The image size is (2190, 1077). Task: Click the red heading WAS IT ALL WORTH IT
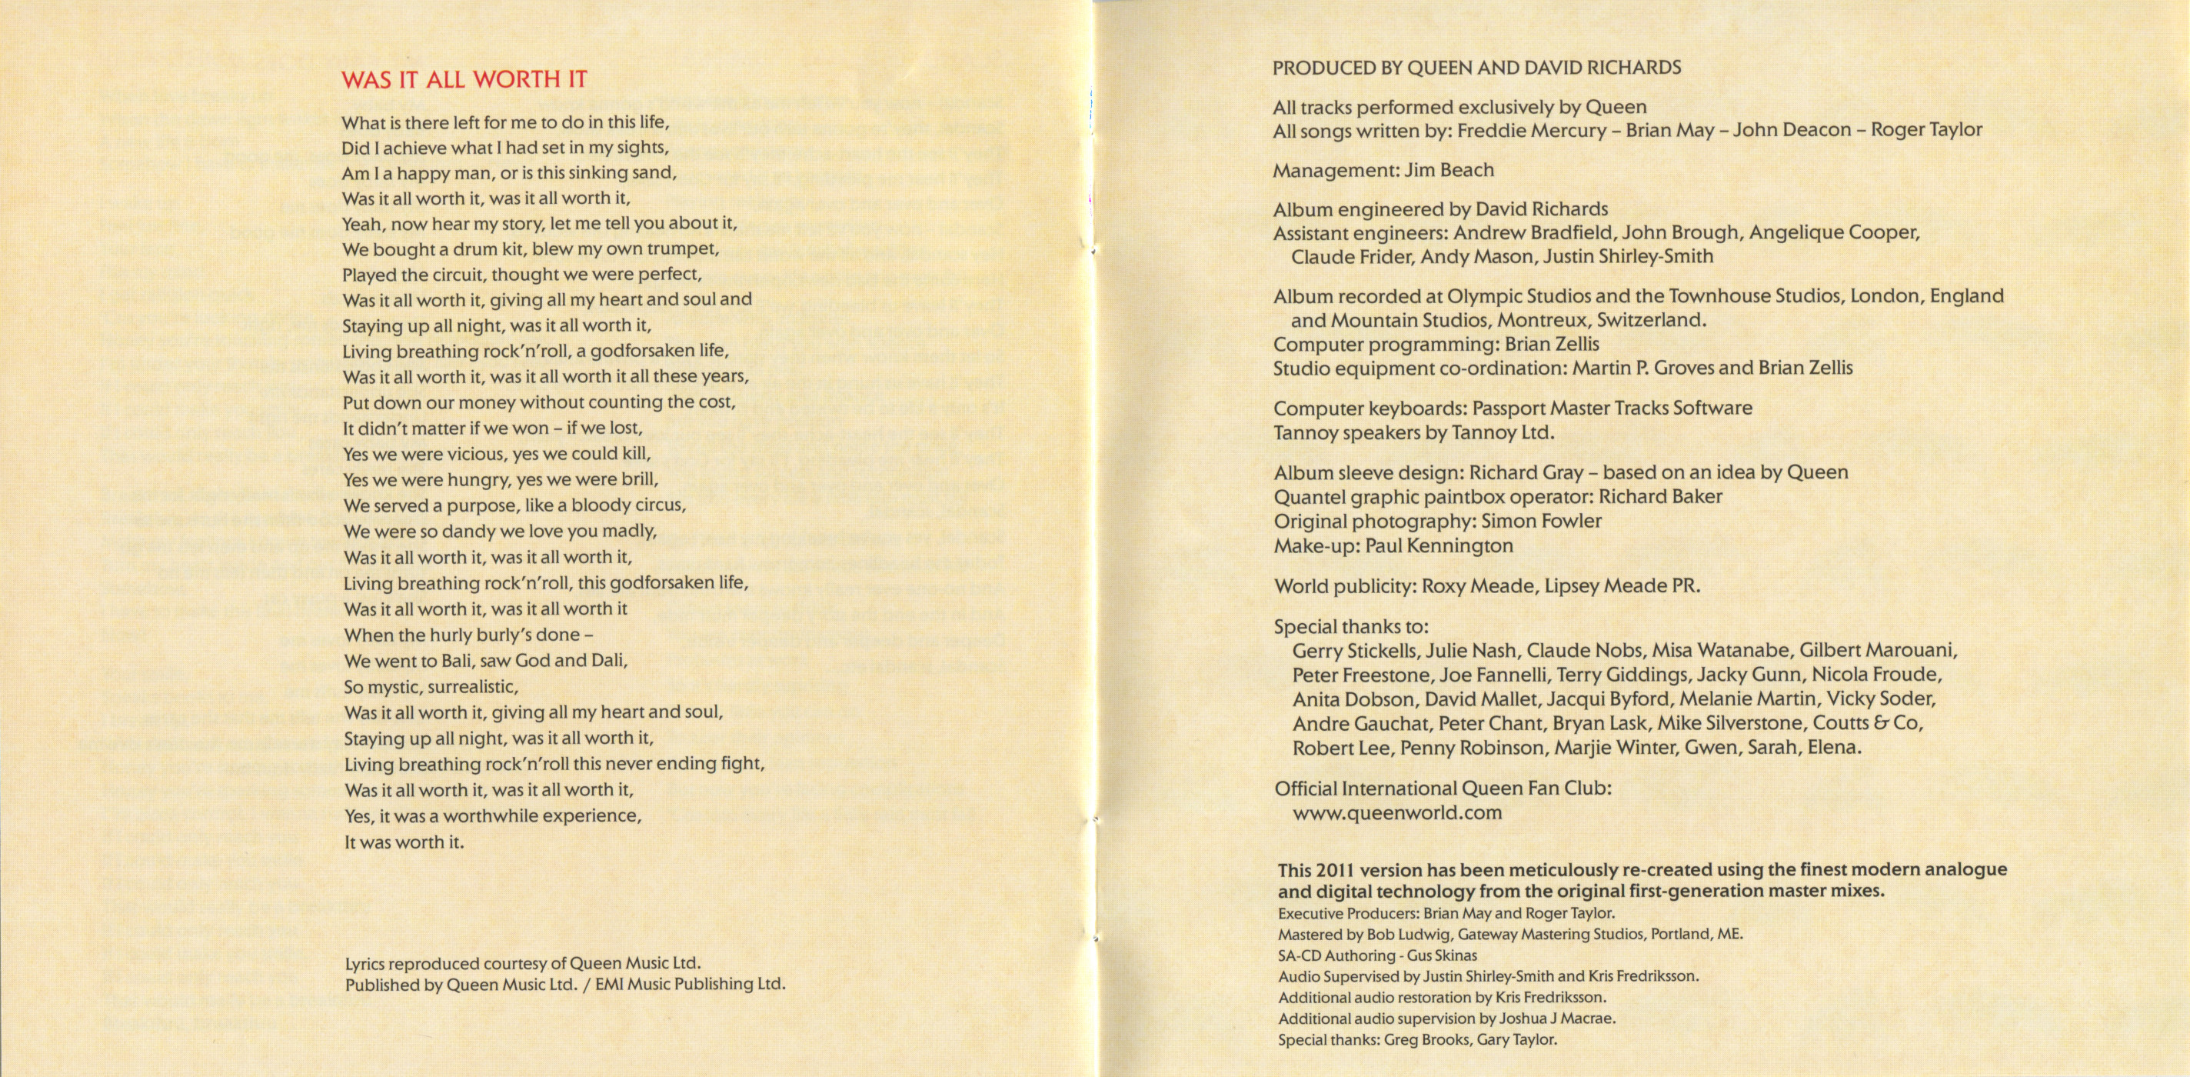pos(464,80)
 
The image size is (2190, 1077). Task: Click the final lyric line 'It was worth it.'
pos(404,842)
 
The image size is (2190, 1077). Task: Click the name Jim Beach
pos(1449,170)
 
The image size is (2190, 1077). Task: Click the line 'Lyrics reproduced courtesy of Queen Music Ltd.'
pos(523,964)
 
